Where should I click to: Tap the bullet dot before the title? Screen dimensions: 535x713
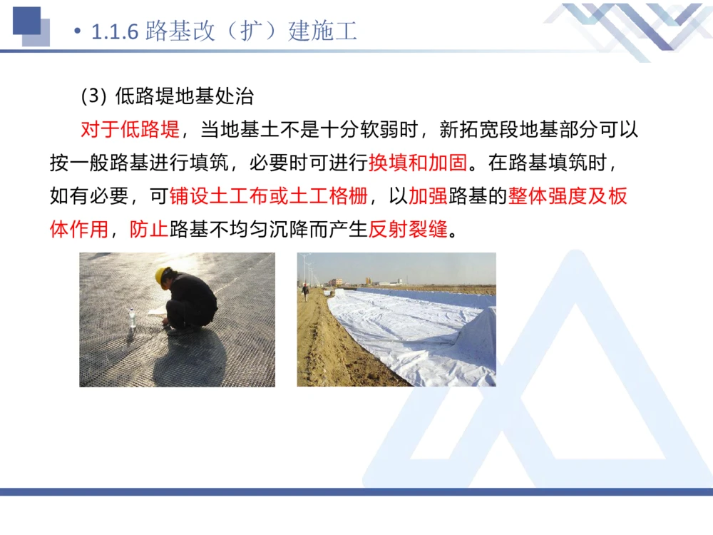(x=78, y=33)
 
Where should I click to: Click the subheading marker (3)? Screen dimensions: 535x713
(x=93, y=96)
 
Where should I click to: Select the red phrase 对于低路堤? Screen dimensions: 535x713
(x=130, y=130)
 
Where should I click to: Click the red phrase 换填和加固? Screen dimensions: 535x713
(x=419, y=163)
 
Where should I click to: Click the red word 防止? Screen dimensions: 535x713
(x=148, y=229)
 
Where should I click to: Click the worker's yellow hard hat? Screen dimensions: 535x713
(x=163, y=274)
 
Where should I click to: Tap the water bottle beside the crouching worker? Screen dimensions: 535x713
(x=133, y=317)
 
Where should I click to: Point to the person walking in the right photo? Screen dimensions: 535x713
(x=305, y=290)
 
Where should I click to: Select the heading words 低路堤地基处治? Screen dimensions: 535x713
(x=184, y=96)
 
